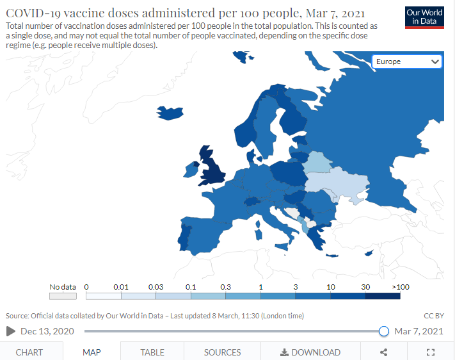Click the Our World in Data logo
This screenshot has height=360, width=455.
point(424,17)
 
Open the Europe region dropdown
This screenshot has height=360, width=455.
point(406,61)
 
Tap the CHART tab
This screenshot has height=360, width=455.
point(29,352)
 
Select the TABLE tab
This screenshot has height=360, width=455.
point(152,352)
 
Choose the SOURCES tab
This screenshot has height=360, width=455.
point(222,352)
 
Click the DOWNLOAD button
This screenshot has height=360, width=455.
point(310,352)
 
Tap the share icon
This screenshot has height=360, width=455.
point(383,352)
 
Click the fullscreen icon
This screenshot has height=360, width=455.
point(431,352)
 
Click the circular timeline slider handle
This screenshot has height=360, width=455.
point(383,331)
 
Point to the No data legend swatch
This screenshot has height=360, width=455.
point(63,296)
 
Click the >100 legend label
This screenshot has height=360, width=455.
point(401,287)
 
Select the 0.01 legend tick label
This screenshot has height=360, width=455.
point(121,287)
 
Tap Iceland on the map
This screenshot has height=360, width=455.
point(170,113)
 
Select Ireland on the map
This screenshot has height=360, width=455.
point(190,170)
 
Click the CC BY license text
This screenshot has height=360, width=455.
point(434,316)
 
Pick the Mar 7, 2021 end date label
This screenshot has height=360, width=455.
point(419,331)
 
